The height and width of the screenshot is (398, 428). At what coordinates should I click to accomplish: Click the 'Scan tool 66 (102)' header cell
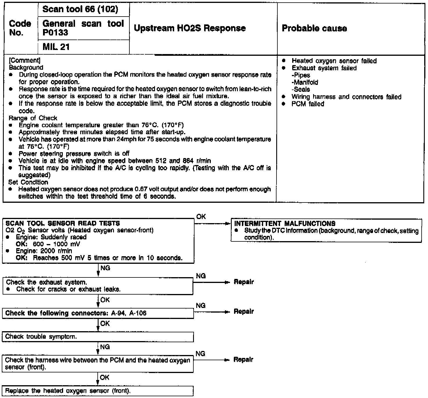[x=80, y=9]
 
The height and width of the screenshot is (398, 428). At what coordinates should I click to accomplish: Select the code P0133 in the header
[x=55, y=33]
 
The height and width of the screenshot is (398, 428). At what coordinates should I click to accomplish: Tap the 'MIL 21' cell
[x=56, y=47]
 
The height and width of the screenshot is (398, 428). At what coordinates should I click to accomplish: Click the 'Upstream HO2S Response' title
[x=190, y=28]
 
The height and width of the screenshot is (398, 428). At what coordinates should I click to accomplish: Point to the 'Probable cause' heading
[x=314, y=28]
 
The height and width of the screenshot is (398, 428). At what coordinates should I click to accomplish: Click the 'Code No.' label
[x=20, y=28]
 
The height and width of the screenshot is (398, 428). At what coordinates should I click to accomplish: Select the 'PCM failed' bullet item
[x=308, y=104]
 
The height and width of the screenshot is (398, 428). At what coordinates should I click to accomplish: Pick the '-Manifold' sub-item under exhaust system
[x=305, y=82]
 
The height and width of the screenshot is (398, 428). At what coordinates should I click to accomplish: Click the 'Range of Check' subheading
[x=33, y=118]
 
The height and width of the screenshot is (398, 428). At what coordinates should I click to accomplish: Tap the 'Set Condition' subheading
[x=28, y=182]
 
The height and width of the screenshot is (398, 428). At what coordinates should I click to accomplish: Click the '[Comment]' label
[x=24, y=60]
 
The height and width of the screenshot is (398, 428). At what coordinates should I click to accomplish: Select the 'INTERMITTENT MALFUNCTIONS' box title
[x=285, y=223]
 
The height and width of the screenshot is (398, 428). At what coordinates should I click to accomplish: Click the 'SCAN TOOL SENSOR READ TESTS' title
[x=63, y=223]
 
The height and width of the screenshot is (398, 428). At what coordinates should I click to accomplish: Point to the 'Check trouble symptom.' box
[x=41, y=336]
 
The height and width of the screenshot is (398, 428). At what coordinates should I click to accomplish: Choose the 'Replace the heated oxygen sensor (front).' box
[x=68, y=390]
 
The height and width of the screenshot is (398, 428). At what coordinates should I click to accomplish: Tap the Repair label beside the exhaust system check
[x=244, y=282]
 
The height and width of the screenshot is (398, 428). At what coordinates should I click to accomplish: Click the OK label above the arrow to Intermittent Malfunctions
[x=201, y=217]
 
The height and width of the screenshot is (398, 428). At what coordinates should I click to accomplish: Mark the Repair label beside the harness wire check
[x=243, y=360]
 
